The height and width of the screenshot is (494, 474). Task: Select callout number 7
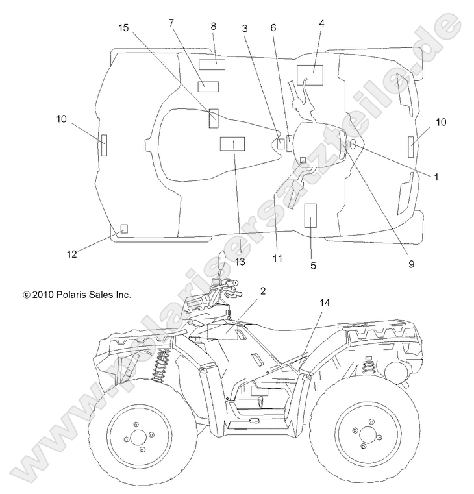(x=171, y=23)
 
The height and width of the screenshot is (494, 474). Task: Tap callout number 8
(x=213, y=26)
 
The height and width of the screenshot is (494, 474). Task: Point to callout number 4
(x=321, y=23)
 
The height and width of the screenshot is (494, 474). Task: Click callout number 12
(x=72, y=254)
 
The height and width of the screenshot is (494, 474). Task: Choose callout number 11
(x=277, y=258)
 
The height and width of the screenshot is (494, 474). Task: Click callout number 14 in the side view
(x=325, y=303)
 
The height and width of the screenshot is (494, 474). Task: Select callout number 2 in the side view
(x=263, y=291)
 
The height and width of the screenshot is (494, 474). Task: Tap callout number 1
(x=436, y=176)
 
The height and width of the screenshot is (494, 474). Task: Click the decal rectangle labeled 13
(x=232, y=144)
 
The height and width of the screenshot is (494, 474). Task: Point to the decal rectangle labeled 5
(x=310, y=214)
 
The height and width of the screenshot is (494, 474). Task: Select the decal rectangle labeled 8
(x=212, y=64)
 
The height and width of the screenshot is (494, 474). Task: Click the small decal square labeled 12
(x=125, y=228)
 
